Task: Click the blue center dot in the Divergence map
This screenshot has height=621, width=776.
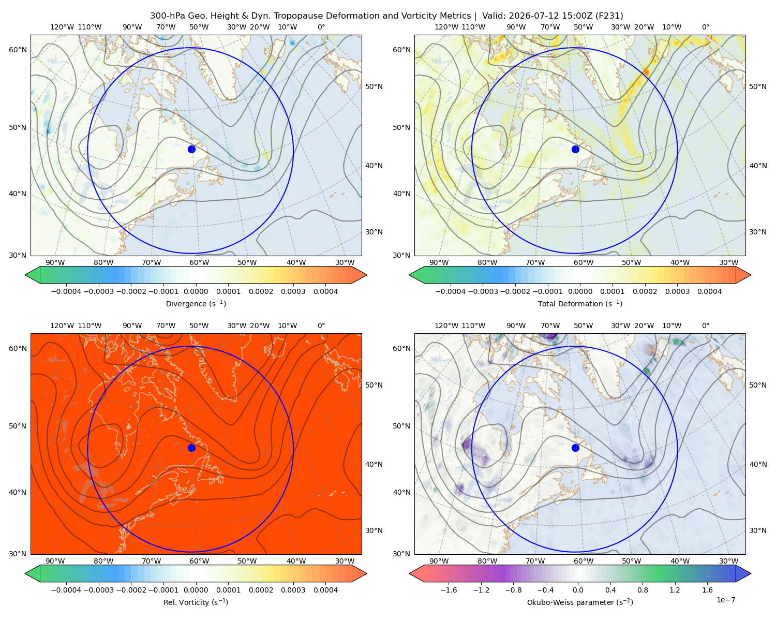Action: [x=191, y=149]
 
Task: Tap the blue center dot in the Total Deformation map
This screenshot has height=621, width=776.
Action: [x=575, y=149]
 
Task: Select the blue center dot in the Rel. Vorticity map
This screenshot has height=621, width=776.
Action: [x=191, y=448]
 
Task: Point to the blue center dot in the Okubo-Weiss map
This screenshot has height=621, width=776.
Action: [x=575, y=448]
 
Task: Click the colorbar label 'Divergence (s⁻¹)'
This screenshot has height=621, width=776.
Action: [x=196, y=303]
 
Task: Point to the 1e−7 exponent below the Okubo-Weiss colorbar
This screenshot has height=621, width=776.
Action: [x=725, y=600]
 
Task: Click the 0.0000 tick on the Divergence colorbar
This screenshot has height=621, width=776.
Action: [x=196, y=291]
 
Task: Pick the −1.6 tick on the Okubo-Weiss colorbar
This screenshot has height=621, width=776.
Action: [x=449, y=590]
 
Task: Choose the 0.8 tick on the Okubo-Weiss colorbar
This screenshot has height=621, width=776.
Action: [x=643, y=590]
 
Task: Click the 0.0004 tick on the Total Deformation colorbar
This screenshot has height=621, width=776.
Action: [x=710, y=291]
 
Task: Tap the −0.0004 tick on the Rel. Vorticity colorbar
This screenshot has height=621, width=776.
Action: [x=66, y=590]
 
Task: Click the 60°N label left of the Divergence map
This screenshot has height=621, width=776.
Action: [x=18, y=50]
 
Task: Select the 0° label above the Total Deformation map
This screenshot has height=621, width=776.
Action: [x=705, y=27]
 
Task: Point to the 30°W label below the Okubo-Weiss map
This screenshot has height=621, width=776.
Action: [x=729, y=561]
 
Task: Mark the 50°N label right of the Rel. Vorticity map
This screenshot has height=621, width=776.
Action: [x=374, y=385]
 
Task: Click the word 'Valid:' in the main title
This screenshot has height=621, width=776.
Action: [x=494, y=16]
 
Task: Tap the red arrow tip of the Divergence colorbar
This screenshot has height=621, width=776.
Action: [x=366, y=275]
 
